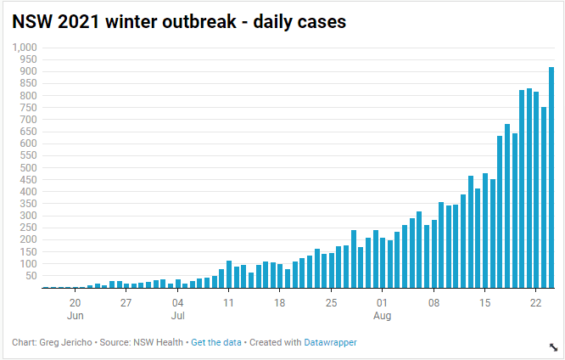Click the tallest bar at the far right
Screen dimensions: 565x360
(551, 177)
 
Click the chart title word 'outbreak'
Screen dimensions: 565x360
(199, 21)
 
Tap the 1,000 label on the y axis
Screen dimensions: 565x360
(25, 48)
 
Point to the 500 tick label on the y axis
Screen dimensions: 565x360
(29, 168)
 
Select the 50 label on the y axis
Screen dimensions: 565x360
(31, 276)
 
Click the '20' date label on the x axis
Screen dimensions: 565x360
(75, 302)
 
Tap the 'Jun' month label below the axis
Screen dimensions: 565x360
(75, 316)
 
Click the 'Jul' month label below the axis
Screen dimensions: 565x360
(177, 316)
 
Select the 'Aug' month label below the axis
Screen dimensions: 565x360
(382, 316)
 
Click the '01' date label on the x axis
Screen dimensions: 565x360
(382, 302)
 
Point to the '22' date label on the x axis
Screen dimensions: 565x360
(536, 302)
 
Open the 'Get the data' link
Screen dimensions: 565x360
(216, 342)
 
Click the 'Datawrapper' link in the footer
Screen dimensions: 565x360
(330, 342)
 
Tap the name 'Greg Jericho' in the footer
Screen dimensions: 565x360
(65, 342)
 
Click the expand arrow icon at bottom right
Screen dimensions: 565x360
(553, 347)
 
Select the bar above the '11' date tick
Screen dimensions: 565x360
(229, 274)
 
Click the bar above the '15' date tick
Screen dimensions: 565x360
(485, 230)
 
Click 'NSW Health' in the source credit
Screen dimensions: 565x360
(158, 342)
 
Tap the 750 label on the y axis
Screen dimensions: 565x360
(29, 108)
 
